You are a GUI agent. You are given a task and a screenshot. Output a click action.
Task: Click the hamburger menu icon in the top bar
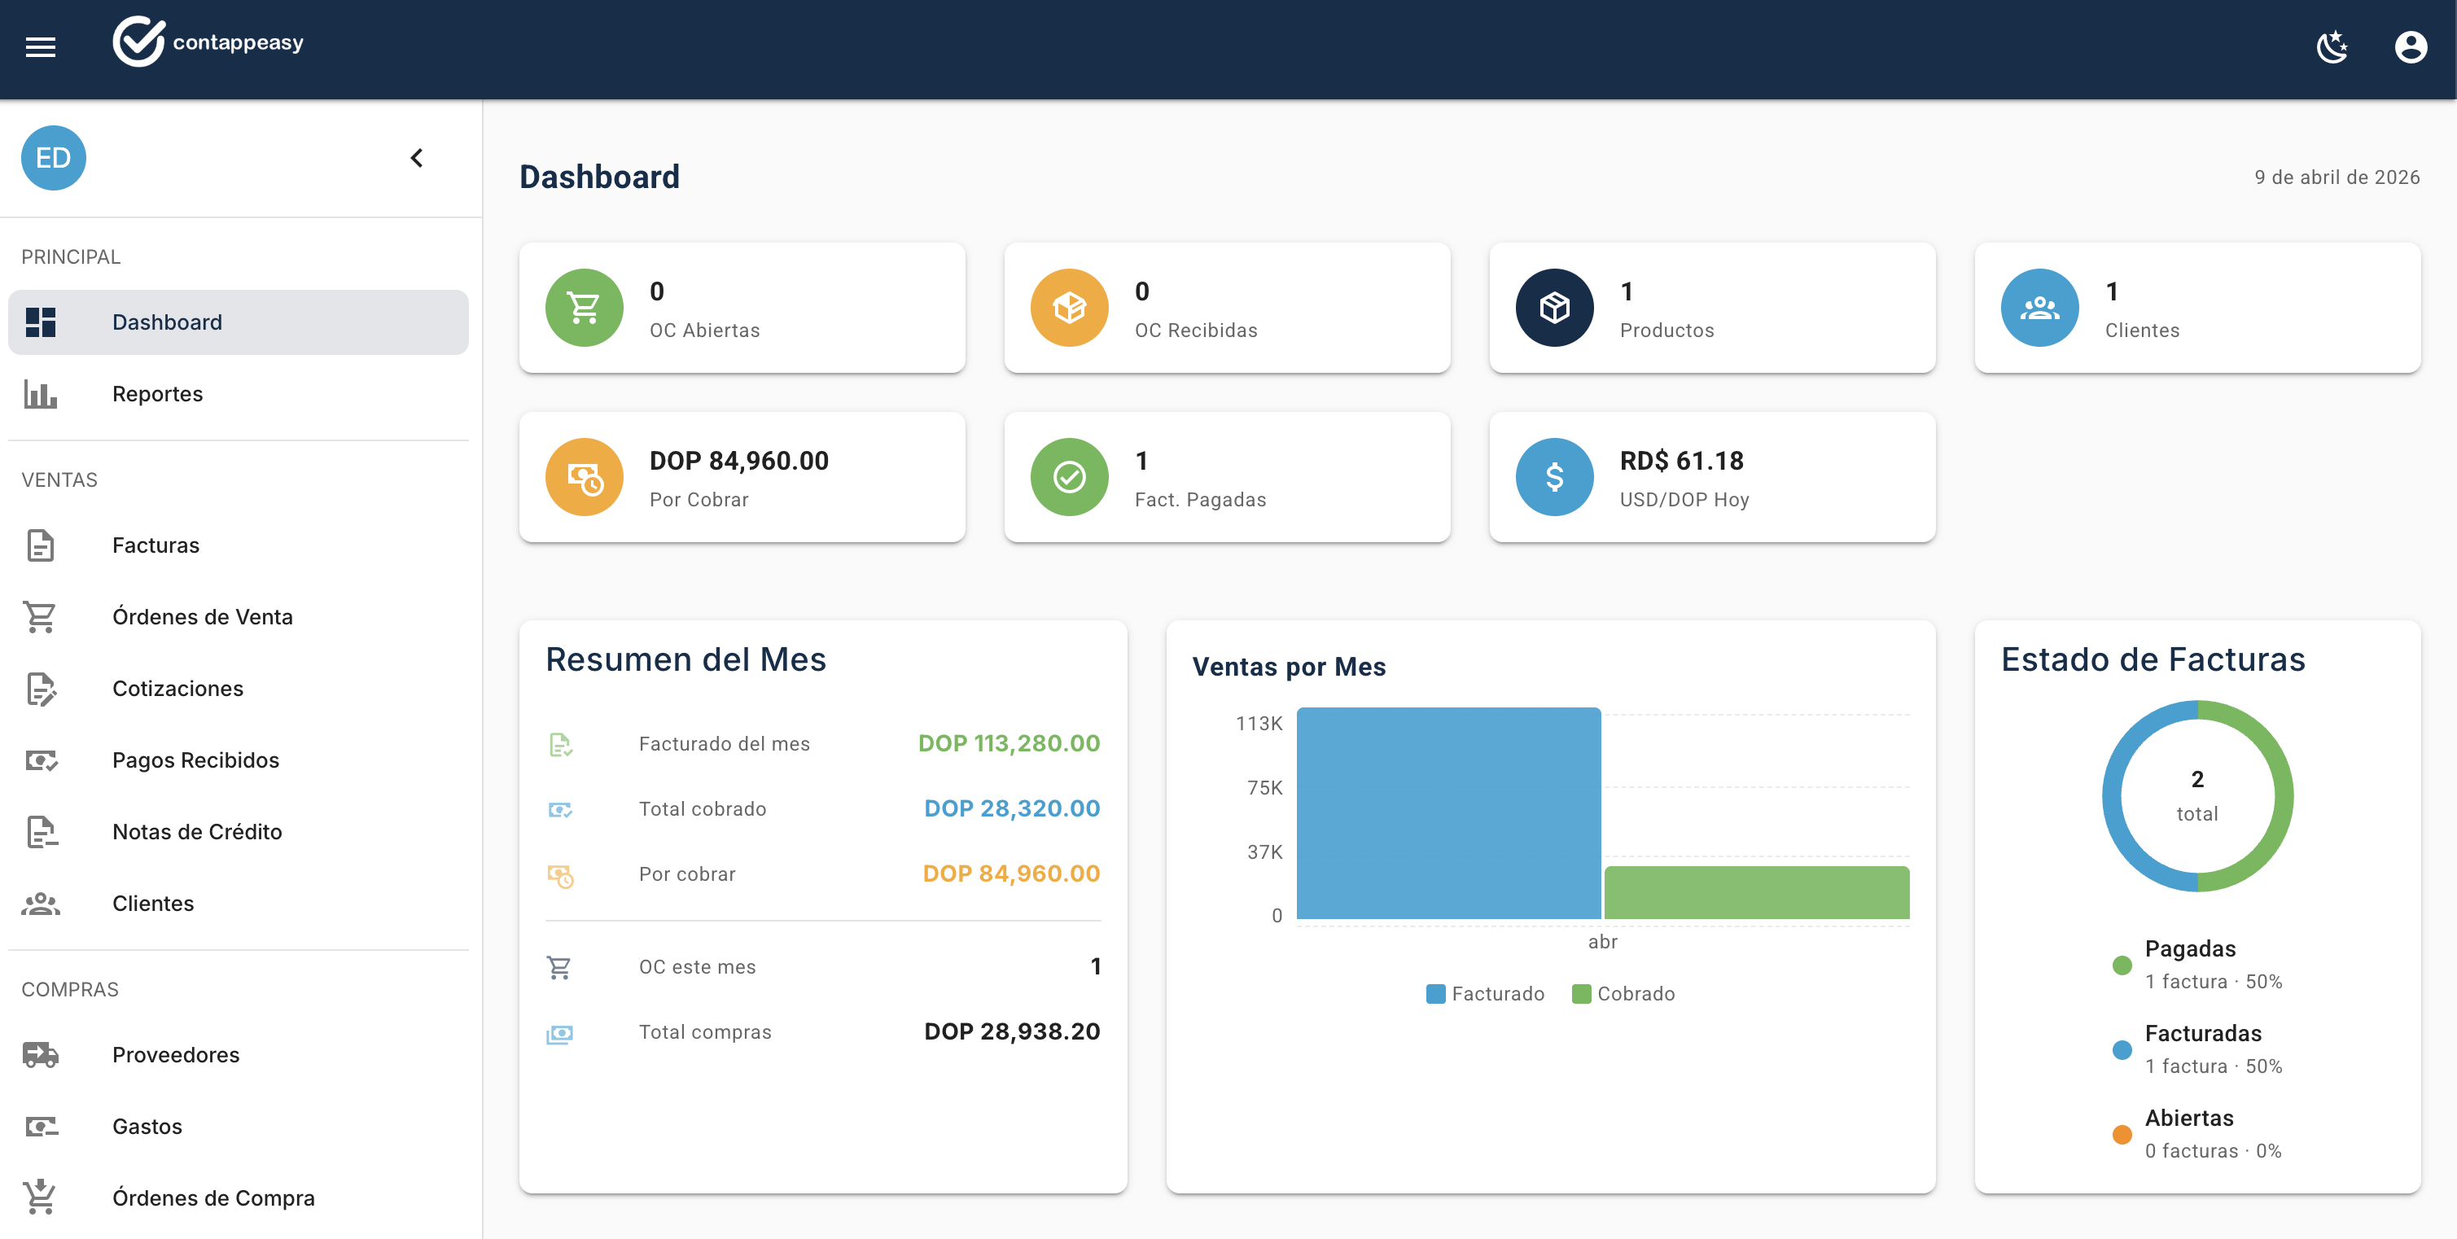(40, 46)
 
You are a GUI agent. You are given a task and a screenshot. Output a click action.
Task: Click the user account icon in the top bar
(2411, 46)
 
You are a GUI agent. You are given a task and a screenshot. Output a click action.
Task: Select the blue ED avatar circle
(54, 157)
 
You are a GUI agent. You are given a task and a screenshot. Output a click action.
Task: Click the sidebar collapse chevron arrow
(417, 157)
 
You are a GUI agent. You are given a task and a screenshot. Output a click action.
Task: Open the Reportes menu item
(157, 394)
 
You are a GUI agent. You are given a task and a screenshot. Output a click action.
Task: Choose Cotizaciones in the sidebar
(177, 688)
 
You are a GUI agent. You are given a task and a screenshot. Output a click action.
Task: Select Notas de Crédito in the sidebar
(196, 831)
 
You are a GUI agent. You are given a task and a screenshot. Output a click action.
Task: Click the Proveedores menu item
(176, 1054)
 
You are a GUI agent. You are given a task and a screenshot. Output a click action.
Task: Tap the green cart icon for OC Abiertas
(584, 307)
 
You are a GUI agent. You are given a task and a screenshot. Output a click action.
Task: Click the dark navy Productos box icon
(1554, 307)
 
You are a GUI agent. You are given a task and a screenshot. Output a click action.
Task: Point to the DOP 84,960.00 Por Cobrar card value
(738, 461)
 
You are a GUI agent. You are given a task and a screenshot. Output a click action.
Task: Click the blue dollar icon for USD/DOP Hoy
(1554, 477)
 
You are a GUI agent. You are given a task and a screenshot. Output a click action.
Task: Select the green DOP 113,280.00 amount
(1008, 743)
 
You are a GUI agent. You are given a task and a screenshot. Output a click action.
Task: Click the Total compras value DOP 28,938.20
(1011, 1031)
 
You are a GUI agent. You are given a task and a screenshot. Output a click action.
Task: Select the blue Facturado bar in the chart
(1447, 812)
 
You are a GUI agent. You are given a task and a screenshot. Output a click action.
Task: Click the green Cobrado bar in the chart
(1756, 893)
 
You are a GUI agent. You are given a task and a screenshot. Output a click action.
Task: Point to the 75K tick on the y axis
(1264, 787)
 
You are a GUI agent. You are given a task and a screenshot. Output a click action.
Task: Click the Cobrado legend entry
(1623, 993)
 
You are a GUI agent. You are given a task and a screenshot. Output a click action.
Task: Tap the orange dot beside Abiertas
(2122, 1134)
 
